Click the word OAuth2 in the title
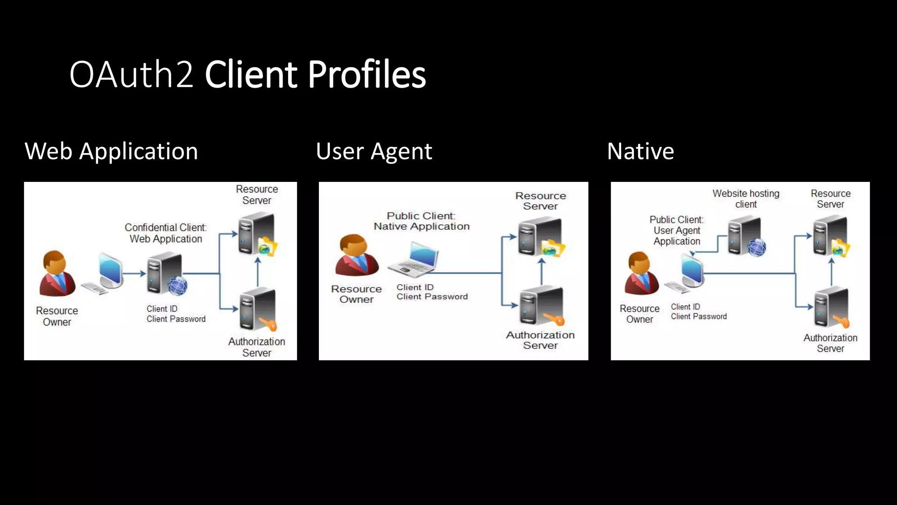coord(131,75)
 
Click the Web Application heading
coord(111,151)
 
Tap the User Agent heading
coord(374,151)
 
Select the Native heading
coord(640,151)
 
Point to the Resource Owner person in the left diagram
coord(57,274)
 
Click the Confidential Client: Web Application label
coord(166,233)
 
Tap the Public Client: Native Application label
coord(421,221)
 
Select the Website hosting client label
coord(745,199)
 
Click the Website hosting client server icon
coord(746,237)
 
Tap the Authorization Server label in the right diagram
coord(830,343)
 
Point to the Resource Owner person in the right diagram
coord(641,274)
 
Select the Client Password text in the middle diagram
coord(432,297)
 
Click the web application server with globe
coord(166,274)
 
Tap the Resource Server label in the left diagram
coord(257,195)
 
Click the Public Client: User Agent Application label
coord(676,231)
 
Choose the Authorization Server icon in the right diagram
coord(831,308)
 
